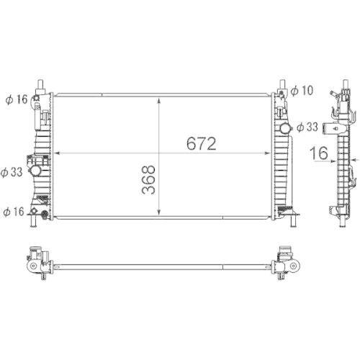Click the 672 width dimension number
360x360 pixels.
tap(202, 144)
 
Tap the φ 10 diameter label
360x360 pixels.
tap(303, 90)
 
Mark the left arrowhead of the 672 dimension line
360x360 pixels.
tap(58, 153)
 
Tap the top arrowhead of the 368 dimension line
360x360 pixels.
tap(160, 98)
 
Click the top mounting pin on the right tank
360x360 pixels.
tap(283, 84)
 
